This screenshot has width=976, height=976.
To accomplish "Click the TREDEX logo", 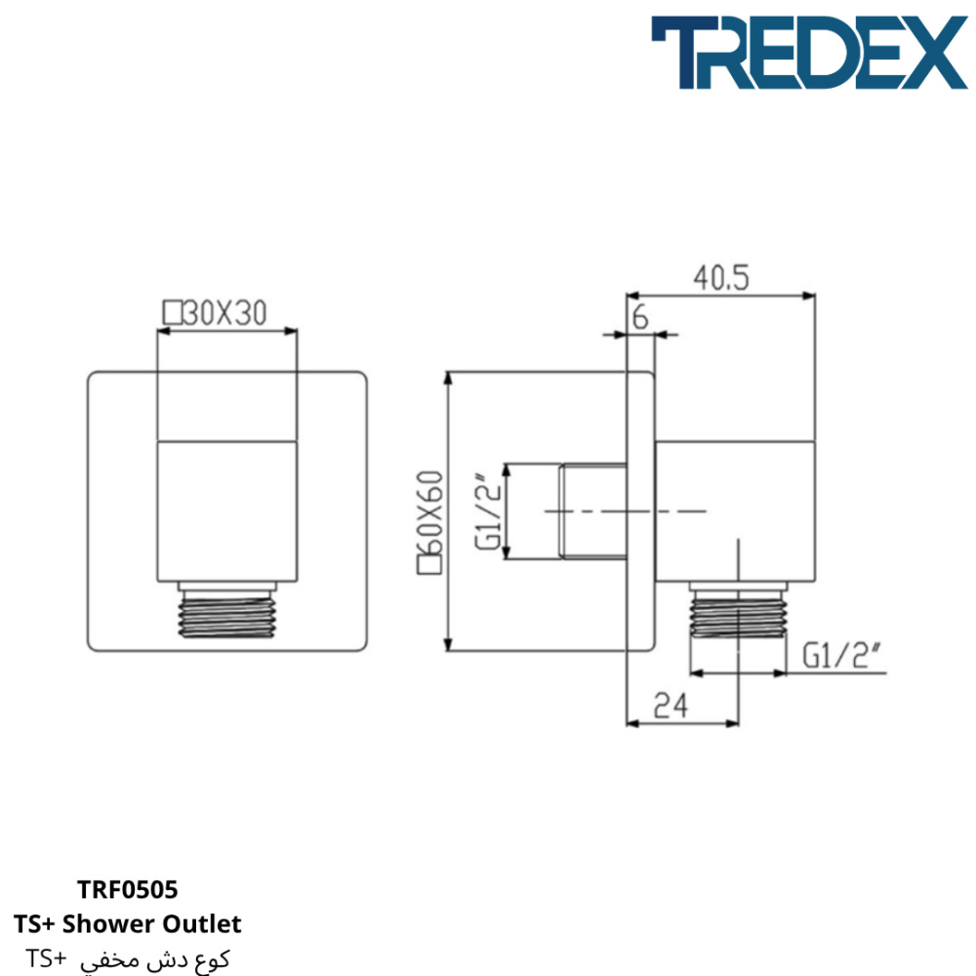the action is pyautogui.click(x=809, y=53).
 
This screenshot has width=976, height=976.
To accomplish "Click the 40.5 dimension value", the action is pyautogui.click(x=721, y=277).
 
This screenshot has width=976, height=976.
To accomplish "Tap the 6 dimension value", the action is pyautogui.click(x=640, y=317).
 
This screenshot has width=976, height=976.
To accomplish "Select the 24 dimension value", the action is pyautogui.click(x=671, y=706).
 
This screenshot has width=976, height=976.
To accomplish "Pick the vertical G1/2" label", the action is pyautogui.click(x=487, y=511).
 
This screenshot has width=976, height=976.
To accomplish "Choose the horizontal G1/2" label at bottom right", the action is pyautogui.click(x=841, y=656).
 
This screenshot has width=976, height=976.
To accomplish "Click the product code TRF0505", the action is pyautogui.click(x=128, y=889).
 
